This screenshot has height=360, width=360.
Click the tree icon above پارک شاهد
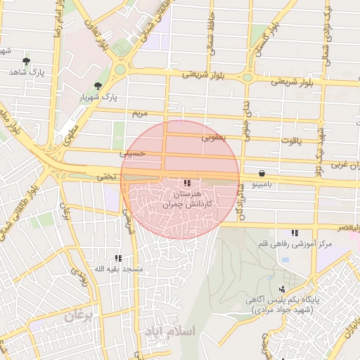[27, 62]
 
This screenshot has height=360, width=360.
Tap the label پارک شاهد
[27, 72]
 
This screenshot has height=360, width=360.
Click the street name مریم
[141, 113]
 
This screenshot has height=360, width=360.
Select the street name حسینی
[133, 152]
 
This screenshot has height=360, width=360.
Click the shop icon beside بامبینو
[262, 173]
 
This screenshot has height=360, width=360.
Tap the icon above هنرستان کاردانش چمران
[186, 182]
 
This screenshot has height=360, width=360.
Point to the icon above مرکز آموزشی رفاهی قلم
[294, 233]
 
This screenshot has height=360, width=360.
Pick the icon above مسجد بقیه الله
[117, 258]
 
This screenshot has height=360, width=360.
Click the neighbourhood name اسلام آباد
[172, 329]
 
